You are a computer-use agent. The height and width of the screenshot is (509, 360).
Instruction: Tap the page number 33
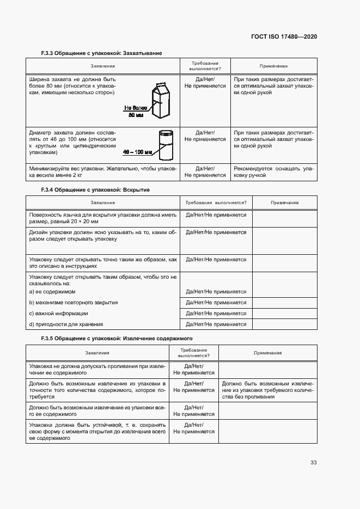(x=313, y=463)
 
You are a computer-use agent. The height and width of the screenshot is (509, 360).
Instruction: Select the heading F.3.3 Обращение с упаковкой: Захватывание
(x=102, y=53)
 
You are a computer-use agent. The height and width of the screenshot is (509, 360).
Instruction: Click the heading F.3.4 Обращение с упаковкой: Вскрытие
(x=95, y=190)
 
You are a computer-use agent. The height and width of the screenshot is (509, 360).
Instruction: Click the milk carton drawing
(x=162, y=100)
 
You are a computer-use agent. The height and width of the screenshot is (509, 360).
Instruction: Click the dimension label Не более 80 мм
(x=136, y=112)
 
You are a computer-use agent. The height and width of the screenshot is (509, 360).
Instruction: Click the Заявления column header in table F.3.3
(x=103, y=66)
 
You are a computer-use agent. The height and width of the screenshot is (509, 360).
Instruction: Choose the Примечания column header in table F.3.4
(x=285, y=203)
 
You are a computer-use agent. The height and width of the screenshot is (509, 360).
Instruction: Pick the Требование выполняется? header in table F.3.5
(x=194, y=353)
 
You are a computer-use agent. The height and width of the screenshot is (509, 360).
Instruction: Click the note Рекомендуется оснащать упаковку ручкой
(x=274, y=172)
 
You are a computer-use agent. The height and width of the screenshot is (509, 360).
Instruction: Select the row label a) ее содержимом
(x=52, y=292)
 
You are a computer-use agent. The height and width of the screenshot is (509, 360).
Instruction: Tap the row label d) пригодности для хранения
(x=66, y=324)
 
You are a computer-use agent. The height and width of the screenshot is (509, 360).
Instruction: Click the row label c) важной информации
(x=59, y=314)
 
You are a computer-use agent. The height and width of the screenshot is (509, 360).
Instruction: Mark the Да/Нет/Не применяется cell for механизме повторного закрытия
(x=216, y=303)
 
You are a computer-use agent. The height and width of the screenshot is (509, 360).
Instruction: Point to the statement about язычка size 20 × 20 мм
(x=103, y=218)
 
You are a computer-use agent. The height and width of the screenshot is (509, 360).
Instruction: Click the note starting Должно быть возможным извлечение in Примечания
(x=269, y=390)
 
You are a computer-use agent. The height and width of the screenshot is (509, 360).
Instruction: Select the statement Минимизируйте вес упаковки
(x=103, y=172)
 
